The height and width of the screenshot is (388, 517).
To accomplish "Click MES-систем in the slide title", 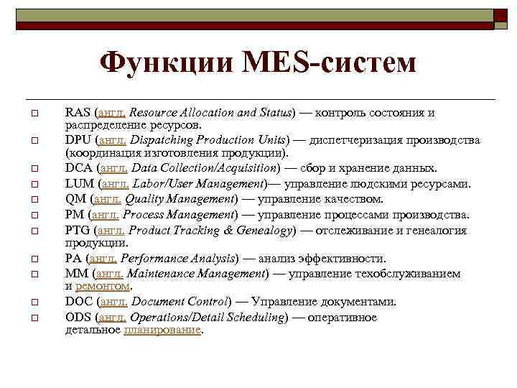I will click(330, 63).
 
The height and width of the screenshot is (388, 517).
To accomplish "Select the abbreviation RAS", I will click(77, 113).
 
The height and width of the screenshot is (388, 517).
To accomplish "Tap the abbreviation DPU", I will click(78, 140).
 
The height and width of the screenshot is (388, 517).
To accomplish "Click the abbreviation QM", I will click(75, 199).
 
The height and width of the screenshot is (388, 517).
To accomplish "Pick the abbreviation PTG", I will click(77, 231).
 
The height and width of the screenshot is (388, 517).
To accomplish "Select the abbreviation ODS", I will click(78, 318).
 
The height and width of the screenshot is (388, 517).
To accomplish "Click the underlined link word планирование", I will click(162, 331).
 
